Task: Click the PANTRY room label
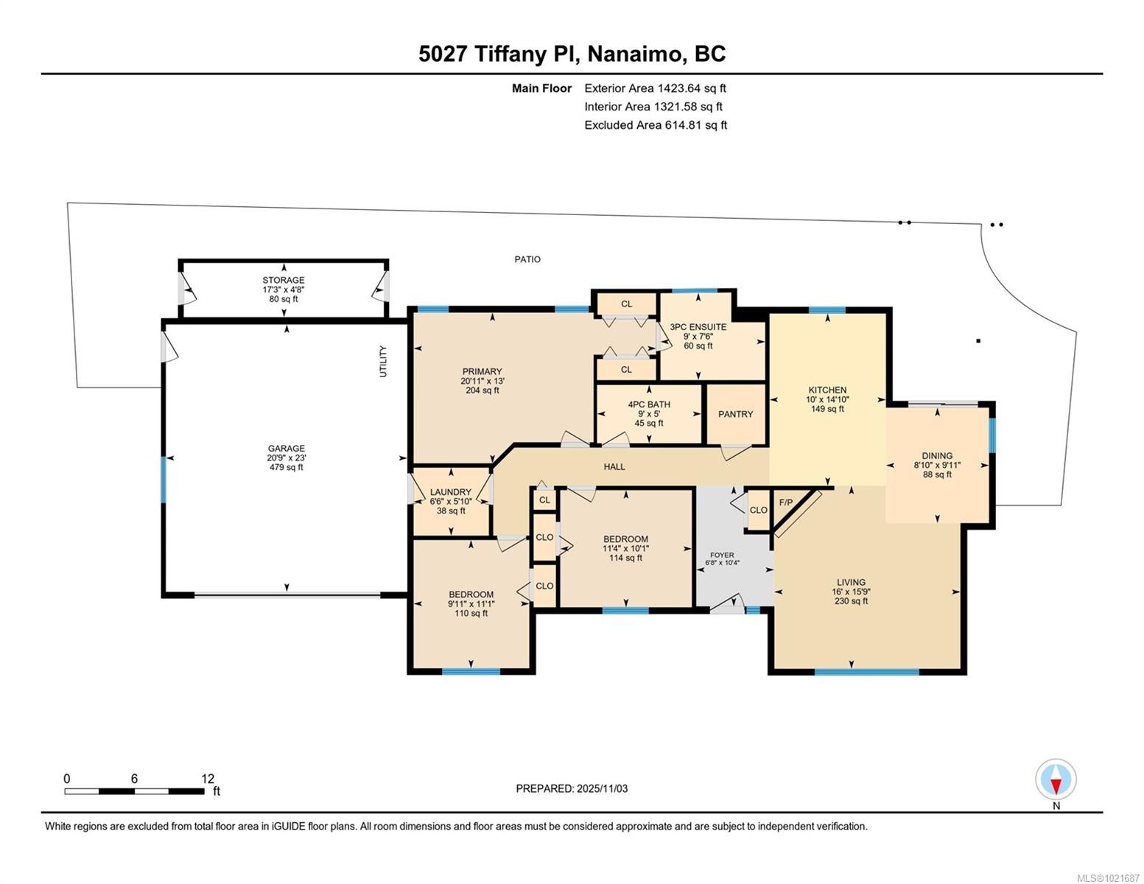tap(735, 414)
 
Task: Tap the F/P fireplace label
tap(786, 503)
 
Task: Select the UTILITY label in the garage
tap(383, 362)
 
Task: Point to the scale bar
tap(134, 791)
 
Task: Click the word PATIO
tap(527, 259)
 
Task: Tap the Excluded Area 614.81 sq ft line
tap(655, 125)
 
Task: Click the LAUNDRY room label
tap(451, 492)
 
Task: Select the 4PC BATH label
tap(649, 404)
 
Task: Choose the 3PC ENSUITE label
tap(698, 327)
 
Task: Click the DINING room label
tap(937, 456)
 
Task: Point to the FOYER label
tap(722, 555)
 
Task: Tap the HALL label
tap(614, 467)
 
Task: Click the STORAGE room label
tap(284, 281)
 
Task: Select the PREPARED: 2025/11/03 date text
tap(572, 788)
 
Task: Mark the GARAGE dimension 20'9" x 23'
tap(287, 457)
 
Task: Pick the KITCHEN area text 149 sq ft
tap(827, 409)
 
